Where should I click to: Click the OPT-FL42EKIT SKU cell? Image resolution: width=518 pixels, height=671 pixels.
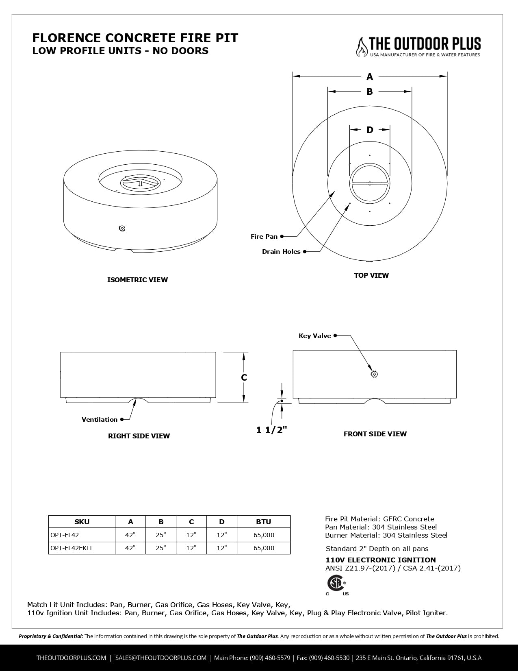(x=72, y=548)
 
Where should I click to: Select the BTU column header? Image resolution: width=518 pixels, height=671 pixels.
(x=264, y=522)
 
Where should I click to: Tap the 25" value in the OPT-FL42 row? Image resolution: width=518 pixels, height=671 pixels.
(x=161, y=535)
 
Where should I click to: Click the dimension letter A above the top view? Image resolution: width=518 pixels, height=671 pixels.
(x=370, y=76)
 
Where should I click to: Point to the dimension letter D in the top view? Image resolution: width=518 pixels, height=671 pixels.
(x=370, y=130)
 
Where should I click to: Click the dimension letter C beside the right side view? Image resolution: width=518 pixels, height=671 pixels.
(x=244, y=377)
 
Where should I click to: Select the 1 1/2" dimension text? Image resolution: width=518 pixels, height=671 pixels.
(x=271, y=430)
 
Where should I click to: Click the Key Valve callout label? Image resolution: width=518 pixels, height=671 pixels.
(x=314, y=336)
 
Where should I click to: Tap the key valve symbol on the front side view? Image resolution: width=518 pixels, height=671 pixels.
(x=374, y=374)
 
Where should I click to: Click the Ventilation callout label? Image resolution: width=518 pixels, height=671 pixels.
(x=100, y=419)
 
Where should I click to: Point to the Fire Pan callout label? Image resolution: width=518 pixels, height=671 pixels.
(x=264, y=236)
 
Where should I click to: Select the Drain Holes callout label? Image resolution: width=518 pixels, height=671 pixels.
(x=281, y=252)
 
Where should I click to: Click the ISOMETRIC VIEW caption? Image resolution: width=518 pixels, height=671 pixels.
(x=137, y=280)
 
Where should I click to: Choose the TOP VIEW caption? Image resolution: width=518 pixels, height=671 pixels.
(x=371, y=275)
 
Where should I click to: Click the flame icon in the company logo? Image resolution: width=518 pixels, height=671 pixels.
(x=361, y=46)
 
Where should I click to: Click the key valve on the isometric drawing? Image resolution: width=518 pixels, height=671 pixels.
(x=122, y=228)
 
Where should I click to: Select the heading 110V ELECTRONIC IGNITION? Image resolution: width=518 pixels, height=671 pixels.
(x=381, y=560)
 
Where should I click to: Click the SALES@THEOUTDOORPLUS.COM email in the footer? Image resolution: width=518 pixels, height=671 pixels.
(x=161, y=658)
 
